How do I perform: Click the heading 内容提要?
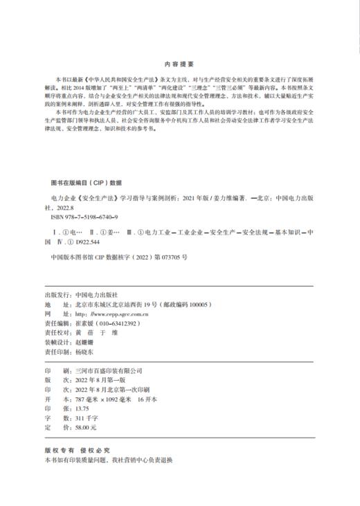179,60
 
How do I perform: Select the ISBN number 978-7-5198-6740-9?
83,217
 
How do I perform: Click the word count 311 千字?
87,419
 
